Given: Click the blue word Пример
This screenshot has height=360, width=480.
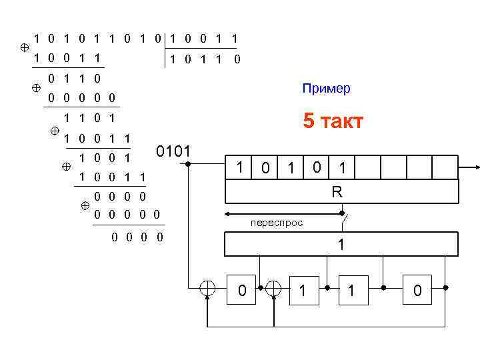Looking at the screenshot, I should click(326, 89).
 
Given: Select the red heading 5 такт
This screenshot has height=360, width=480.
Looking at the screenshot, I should click(333, 121).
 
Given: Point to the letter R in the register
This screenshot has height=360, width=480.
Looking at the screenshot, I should click(337, 192).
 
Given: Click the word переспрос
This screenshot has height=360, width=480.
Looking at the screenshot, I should click(276, 223).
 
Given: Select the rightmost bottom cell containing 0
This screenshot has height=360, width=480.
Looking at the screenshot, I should click(417, 290).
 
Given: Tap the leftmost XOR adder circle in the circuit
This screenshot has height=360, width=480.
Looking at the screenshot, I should click(208, 289).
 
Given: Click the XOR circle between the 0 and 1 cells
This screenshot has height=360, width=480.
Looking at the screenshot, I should click(273, 289).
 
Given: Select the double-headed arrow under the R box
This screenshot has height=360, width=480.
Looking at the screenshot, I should click(283, 214).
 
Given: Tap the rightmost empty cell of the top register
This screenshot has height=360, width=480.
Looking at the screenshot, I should click(445, 168).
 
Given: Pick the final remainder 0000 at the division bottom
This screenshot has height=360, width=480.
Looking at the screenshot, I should click(139, 237).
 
